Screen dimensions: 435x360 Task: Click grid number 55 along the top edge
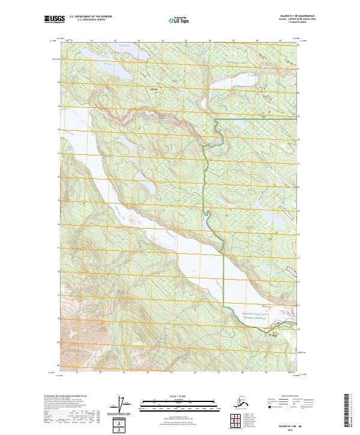pyautogui.click(x=187, y=41)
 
